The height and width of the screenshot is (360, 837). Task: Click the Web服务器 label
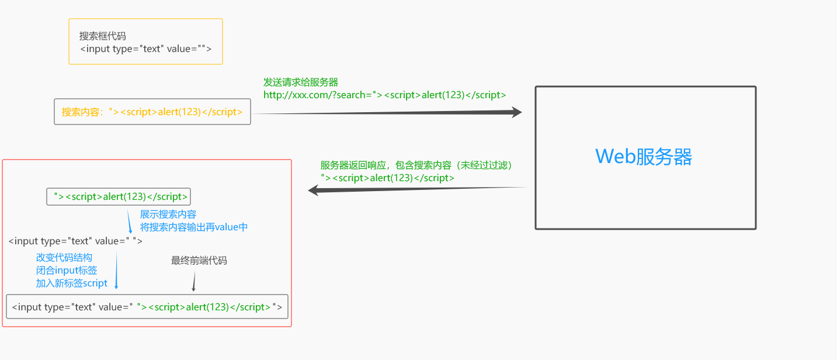644,157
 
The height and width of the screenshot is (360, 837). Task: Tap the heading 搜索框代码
103,36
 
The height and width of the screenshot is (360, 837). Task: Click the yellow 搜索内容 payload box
152,112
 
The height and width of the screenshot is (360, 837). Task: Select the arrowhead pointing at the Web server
516,112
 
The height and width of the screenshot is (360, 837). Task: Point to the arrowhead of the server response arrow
313,190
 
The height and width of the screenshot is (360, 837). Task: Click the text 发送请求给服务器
301,82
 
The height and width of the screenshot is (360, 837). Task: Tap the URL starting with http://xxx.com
384,95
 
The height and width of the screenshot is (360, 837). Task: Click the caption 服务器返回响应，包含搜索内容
419,165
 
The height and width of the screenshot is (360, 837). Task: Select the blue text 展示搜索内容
168,214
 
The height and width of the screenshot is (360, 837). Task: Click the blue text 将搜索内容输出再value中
194,227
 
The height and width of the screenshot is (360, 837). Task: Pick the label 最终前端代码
199,261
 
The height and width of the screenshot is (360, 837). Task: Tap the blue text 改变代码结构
64,258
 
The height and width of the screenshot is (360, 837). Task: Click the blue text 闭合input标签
67,271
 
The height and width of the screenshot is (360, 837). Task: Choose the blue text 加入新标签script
72,283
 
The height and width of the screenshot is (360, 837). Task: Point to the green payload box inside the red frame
119,196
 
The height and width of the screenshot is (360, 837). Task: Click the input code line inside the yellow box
145,49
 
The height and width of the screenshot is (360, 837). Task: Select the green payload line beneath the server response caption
387,178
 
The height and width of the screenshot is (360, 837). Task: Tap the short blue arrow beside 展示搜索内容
130,222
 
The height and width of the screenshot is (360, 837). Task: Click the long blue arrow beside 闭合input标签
116,270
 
